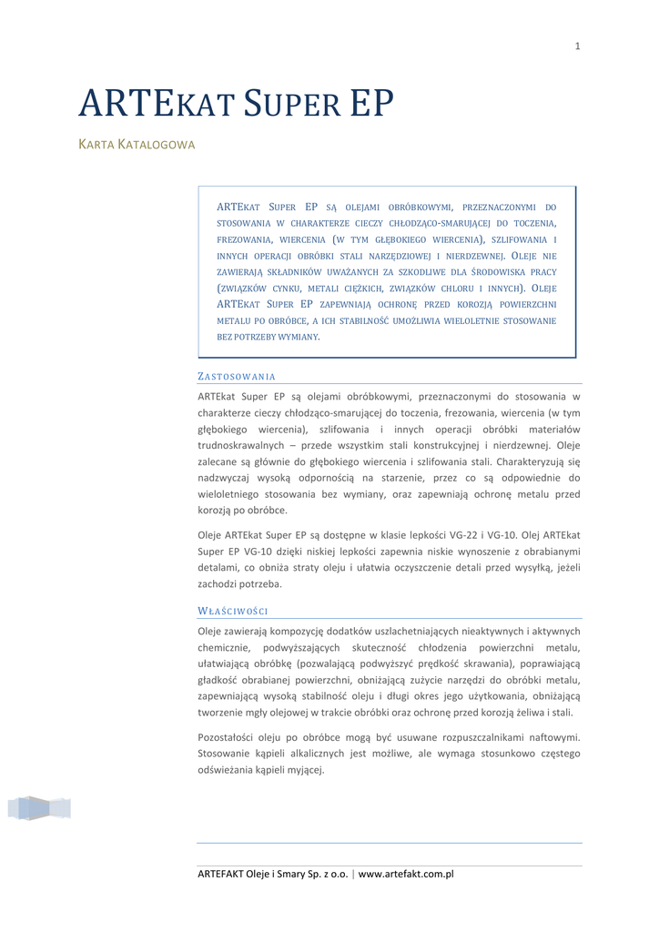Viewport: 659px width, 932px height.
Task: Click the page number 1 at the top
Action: [577, 46]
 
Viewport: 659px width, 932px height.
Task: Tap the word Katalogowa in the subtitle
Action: [156, 146]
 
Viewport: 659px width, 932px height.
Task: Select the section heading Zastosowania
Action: [237, 376]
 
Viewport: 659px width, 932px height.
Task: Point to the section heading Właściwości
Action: [232, 611]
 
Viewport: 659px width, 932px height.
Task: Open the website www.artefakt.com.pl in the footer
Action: [406, 875]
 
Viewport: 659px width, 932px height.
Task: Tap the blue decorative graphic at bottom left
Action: [39, 808]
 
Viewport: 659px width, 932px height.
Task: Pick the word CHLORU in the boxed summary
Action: [451, 288]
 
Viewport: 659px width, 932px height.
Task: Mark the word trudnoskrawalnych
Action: [243, 445]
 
